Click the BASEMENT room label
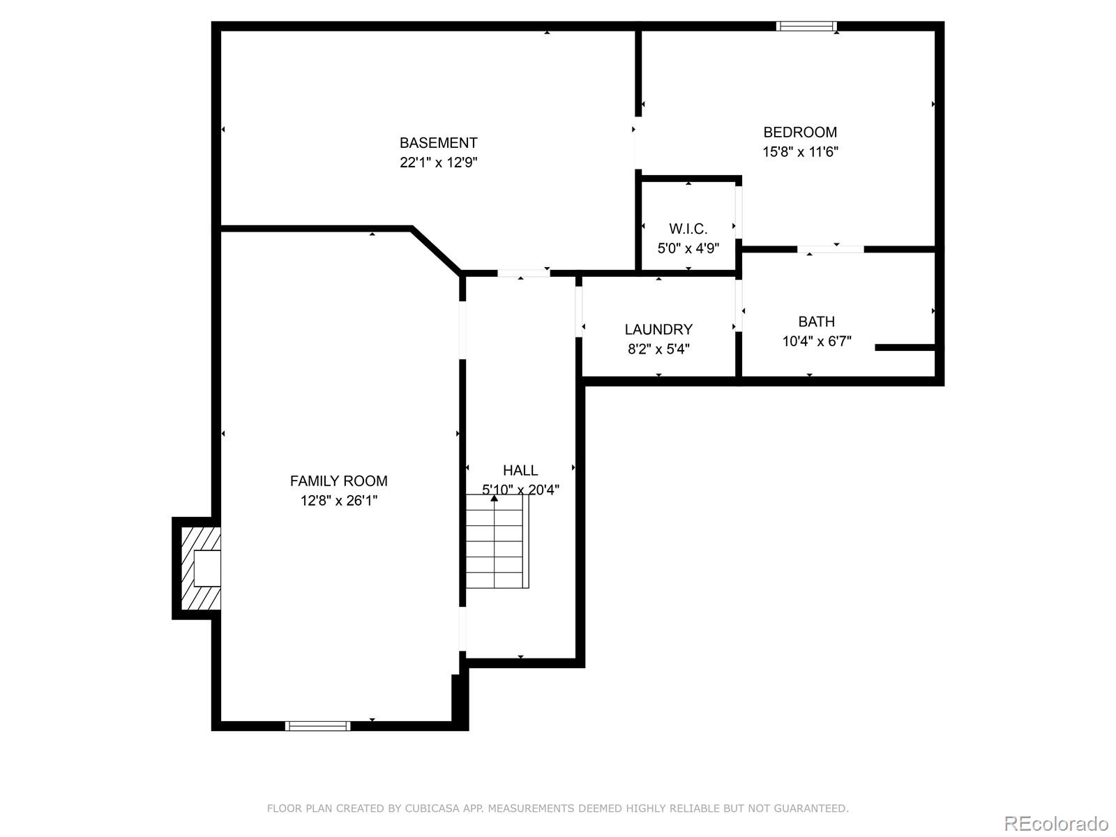tap(438, 143)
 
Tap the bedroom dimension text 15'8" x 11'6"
tap(800, 152)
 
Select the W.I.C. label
tap(688, 229)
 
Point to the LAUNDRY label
tap(658, 329)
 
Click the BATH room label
tap(816, 322)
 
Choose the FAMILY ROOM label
tap(338, 481)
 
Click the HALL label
tap(520, 470)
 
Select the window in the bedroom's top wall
tap(806, 27)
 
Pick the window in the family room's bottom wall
tap(317, 726)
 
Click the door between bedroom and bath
tap(830, 249)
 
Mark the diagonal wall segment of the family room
tap(437, 250)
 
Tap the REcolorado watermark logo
tap(1056, 823)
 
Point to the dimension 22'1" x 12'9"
tap(438, 163)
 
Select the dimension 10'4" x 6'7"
tap(816, 342)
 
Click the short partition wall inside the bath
tap(904, 347)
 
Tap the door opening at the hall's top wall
tap(523, 273)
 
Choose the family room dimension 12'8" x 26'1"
tap(338, 500)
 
